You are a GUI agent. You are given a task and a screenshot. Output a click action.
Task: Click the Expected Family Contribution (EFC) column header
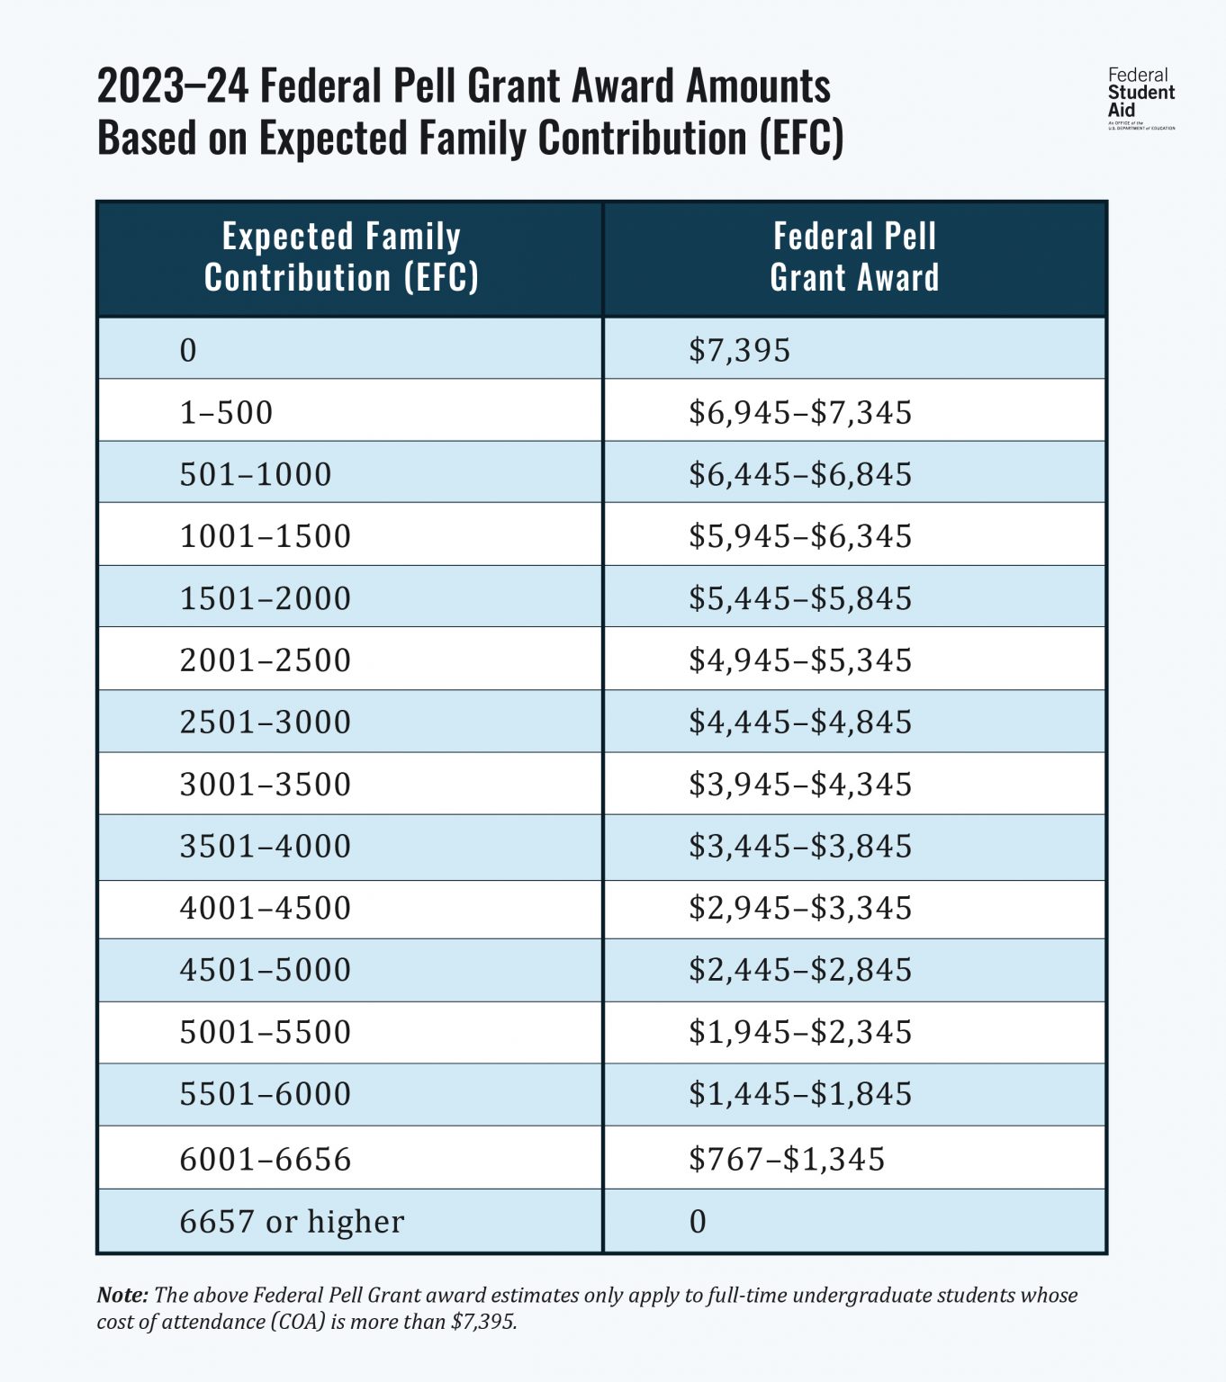341,257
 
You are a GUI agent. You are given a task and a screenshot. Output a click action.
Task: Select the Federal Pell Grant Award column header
854,257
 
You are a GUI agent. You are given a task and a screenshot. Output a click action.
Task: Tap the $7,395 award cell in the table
739,350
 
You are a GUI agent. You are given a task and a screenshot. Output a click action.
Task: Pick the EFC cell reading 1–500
226,413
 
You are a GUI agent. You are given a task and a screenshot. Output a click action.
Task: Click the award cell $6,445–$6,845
800,474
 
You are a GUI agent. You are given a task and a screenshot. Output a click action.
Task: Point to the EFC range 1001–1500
266,536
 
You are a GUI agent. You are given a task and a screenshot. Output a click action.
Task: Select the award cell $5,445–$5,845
800,598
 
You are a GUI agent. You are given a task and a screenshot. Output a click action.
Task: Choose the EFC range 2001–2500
266,660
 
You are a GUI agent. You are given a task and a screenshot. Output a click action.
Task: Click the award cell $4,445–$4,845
800,722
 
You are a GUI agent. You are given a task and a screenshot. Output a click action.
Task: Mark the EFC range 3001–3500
266,785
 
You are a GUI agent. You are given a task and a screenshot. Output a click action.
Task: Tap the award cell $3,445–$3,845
800,847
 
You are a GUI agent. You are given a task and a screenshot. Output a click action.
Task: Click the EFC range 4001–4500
266,908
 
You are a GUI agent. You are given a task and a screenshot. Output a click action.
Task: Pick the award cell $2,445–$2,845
800,970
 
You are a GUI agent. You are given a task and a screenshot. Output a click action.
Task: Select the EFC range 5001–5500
266,1032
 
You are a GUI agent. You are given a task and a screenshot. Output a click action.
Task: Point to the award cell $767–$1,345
787,1159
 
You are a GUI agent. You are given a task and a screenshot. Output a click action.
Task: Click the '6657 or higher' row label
292,1222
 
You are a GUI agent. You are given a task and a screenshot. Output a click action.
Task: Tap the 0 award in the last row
698,1222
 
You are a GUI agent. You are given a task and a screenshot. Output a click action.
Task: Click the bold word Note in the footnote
122,1295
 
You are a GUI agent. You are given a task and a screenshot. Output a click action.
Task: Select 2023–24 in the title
172,87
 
